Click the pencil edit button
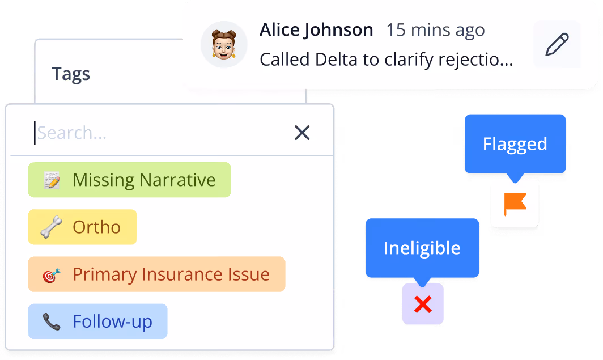[x=557, y=44]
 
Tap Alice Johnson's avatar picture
[x=224, y=44]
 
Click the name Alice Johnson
[x=316, y=30]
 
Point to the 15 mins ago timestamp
[x=435, y=30]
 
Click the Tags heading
[x=71, y=74]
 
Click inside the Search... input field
[x=159, y=133]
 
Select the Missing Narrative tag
[x=129, y=180]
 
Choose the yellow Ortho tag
[x=82, y=227]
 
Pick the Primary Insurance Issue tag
[x=156, y=274]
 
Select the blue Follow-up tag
[x=97, y=321]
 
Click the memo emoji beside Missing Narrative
[x=52, y=180]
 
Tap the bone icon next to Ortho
[x=52, y=227]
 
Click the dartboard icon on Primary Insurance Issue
[x=52, y=275]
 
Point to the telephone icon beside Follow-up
[x=52, y=322]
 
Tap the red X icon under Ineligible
[x=423, y=305]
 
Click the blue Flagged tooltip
[x=515, y=144]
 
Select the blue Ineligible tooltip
[x=422, y=248]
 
